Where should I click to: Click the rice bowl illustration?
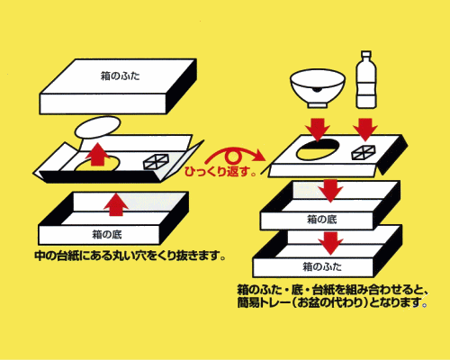[x=318, y=88]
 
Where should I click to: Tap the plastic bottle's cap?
[x=366, y=54]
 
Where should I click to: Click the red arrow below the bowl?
[x=318, y=129]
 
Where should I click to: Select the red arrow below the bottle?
[x=365, y=129]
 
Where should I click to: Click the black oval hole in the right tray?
[x=318, y=149]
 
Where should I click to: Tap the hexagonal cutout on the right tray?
[x=364, y=151]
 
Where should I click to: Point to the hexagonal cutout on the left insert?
[x=156, y=161]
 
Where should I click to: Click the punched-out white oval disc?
[x=97, y=127]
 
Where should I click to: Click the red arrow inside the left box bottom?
[x=115, y=204]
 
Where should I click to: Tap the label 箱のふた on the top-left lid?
[x=120, y=76]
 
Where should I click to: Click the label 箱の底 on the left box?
[x=107, y=234]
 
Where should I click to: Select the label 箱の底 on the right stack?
[x=322, y=220]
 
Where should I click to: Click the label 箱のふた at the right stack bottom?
[x=322, y=266]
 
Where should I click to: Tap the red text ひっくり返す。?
[x=220, y=172]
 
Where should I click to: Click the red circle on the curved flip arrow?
[x=232, y=156]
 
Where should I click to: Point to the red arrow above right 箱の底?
[x=330, y=191]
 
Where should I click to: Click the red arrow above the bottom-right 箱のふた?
[x=330, y=243]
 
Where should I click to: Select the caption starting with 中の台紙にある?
[x=130, y=256]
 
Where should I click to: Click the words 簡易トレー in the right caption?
[x=264, y=302]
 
